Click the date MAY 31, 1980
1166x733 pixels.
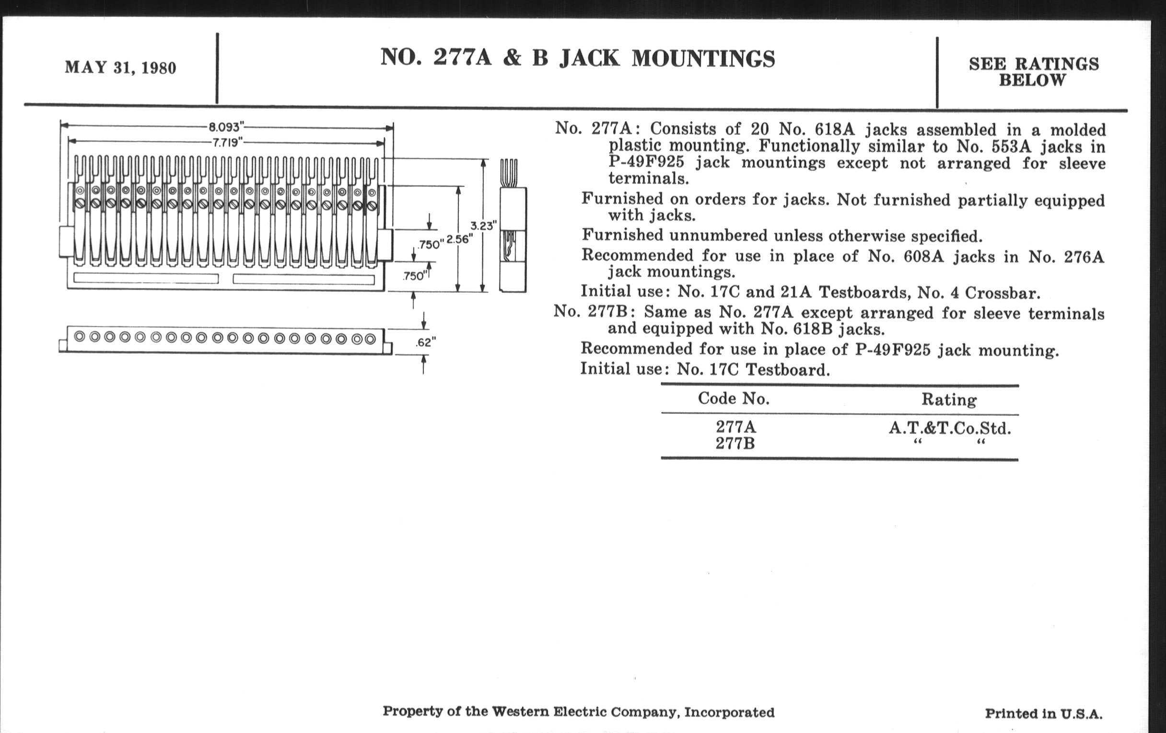(x=120, y=68)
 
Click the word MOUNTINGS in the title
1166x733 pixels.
(x=703, y=58)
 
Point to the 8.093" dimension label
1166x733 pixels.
(x=225, y=127)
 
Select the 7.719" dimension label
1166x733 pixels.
(x=227, y=142)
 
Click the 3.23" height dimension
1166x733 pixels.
(x=483, y=226)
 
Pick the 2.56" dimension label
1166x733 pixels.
(x=459, y=239)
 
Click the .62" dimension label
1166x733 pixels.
(x=425, y=342)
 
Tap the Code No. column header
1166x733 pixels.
(x=733, y=399)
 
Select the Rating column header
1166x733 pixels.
(x=949, y=400)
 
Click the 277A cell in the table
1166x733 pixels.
(x=735, y=427)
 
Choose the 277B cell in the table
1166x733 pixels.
(x=735, y=443)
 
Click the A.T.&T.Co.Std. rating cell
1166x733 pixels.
(x=950, y=428)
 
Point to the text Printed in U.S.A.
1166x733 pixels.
(x=1043, y=714)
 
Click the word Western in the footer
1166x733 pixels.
(x=521, y=711)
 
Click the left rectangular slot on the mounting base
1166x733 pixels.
(x=146, y=279)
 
